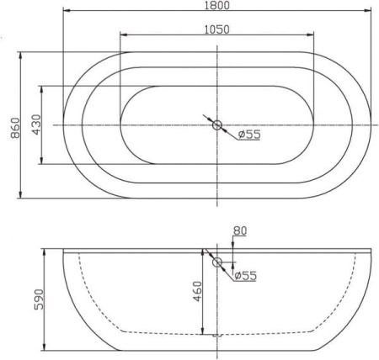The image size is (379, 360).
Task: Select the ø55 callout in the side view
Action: [245, 275]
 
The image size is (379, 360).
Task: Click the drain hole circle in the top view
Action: [217, 125]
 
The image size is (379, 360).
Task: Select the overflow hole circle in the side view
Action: [217, 262]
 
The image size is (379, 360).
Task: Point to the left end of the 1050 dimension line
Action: [120, 36]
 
